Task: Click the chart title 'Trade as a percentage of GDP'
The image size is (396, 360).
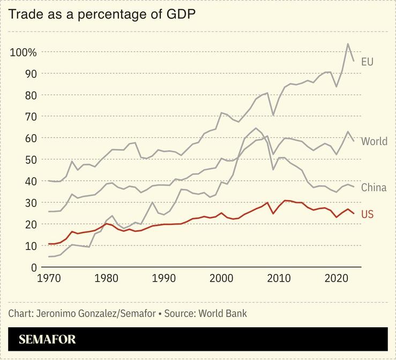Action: click(x=101, y=14)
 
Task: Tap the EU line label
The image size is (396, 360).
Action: click(x=367, y=62)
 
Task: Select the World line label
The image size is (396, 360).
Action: click(x=374, y=142)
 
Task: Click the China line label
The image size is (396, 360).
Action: click(x=373, y=188)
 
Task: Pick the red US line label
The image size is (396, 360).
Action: click(x=367, y=215)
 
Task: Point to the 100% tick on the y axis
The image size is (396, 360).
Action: click(x=23, y=52)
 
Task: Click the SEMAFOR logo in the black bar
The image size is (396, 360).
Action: click(x=47, y=340)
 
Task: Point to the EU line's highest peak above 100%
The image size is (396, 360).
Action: click(x=348, y=44)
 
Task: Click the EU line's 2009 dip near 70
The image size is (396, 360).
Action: click(x=273, y=115)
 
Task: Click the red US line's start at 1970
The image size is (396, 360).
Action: click(x=49, y=244)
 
